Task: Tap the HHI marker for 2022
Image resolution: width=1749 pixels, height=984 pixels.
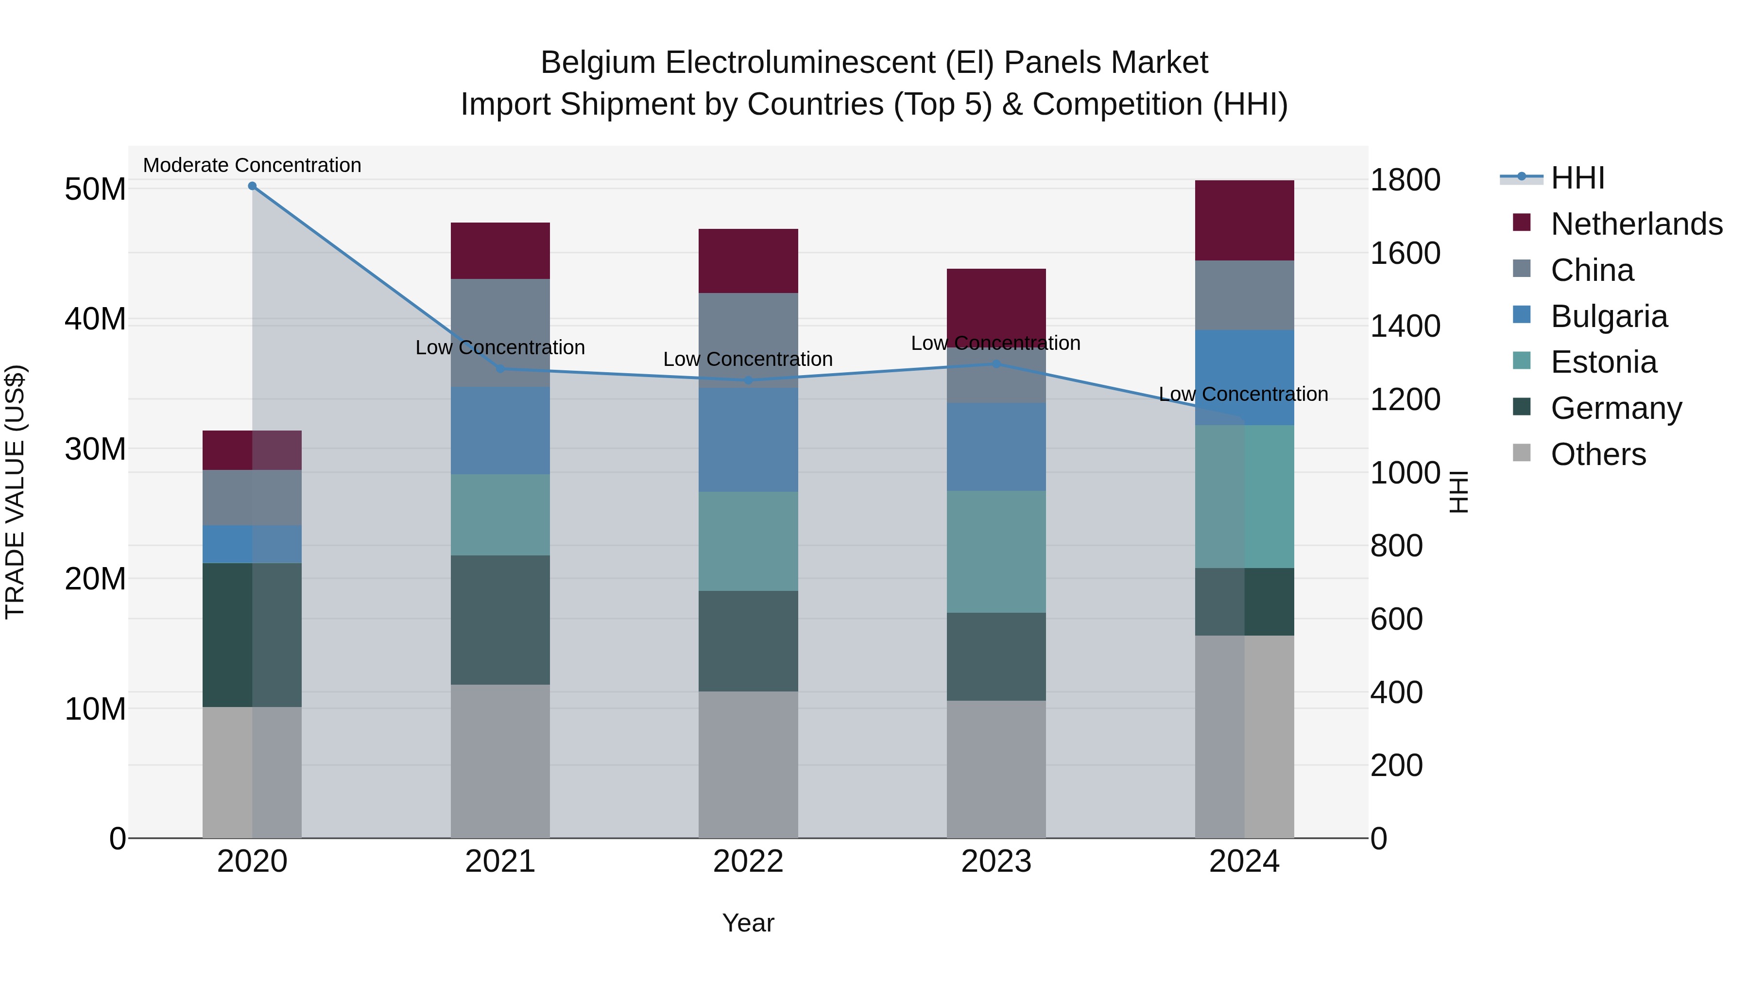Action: pos(748,380)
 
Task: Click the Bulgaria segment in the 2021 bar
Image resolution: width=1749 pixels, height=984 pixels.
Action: pos(500,431)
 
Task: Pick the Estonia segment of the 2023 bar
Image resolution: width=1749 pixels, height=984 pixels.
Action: pos(996,552)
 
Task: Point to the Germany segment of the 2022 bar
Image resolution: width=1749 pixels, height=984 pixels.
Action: pos(748,641)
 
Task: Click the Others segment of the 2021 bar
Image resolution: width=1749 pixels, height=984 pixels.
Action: pos(500,760)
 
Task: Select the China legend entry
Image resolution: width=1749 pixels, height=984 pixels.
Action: pos(1592,270)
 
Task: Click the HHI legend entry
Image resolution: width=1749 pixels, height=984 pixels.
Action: pos(1577,178)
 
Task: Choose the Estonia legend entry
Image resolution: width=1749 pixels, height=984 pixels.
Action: pos(1603,362)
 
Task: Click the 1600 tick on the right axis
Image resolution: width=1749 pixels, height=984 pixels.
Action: pos(1405,253)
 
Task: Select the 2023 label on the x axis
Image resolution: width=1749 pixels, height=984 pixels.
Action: pos(996,862)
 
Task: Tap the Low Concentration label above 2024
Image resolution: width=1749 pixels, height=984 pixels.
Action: pos(1243,394)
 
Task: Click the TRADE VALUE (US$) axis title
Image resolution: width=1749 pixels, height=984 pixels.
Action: pos(15,492)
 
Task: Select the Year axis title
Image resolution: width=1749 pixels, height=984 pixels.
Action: pos(748,923)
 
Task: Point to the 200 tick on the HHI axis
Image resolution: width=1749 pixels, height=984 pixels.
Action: pos(1396,765)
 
